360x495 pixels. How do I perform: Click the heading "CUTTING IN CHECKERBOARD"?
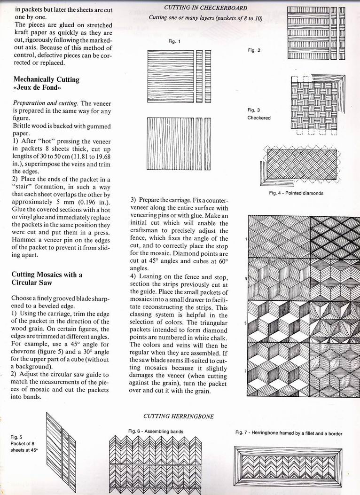coord(205,8)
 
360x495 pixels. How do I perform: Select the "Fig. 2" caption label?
coord(254,50)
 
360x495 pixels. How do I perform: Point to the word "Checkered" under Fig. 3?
coord(259,118)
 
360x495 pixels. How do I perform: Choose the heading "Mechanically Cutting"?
coord(46,79)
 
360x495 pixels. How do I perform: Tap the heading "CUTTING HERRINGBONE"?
coord(179,416)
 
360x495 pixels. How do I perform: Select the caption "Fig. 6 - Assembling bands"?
coord(156,431)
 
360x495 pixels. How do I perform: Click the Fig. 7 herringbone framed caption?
coord(289,433)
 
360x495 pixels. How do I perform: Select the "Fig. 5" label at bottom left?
coord(16,437)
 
